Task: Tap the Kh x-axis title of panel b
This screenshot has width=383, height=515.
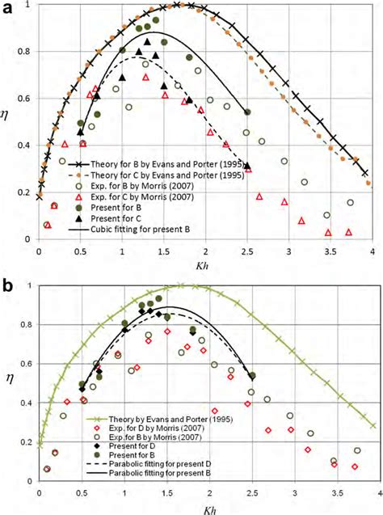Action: [204, 509]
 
